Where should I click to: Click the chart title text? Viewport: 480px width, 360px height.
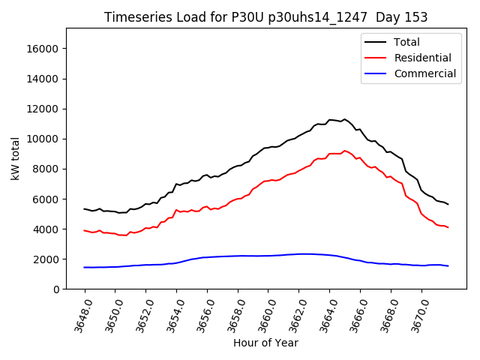tap(265, 17)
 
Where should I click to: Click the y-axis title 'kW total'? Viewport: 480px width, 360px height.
tap(16, 159)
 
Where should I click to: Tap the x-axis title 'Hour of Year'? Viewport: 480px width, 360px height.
tap(265, 343)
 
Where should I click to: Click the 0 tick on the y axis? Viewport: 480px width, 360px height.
tap(56, 289)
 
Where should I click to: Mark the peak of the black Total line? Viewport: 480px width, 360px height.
tap(344, 118)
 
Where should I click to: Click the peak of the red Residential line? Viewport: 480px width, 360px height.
tap(344, 150)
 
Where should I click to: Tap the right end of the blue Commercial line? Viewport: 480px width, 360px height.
tap(448, 266)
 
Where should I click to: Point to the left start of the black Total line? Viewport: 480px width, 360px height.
tap(85, 208)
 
